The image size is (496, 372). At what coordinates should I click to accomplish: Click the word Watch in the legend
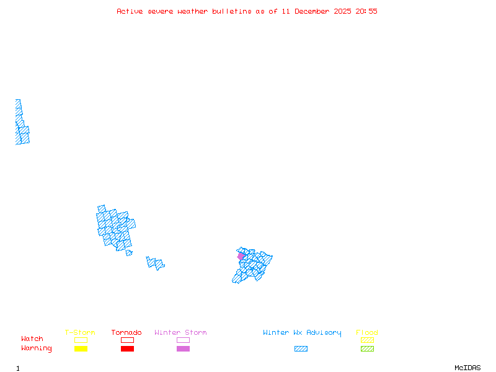32,339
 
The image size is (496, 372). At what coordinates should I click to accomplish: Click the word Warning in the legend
37,348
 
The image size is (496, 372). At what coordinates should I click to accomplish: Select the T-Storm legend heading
80,333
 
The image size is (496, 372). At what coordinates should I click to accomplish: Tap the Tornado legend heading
126,333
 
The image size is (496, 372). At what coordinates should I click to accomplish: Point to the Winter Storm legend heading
180,333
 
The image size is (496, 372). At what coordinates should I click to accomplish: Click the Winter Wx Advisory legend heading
302,333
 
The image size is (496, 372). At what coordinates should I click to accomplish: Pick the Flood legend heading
367,333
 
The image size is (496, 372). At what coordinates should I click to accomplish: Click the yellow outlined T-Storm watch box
81,340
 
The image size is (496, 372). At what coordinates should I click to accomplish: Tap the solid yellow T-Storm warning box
81,348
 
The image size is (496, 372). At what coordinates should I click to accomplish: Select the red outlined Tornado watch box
127,340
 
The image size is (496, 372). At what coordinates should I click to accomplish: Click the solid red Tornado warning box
127,348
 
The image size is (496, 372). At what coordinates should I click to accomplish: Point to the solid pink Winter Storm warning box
183,348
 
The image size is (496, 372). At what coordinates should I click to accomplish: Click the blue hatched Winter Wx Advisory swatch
301,348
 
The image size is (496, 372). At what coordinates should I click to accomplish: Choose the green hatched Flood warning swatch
367,348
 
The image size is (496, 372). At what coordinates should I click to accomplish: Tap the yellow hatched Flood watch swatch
367,340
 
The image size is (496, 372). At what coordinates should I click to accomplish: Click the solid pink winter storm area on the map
241,256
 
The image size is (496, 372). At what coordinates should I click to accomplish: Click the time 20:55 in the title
366,11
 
